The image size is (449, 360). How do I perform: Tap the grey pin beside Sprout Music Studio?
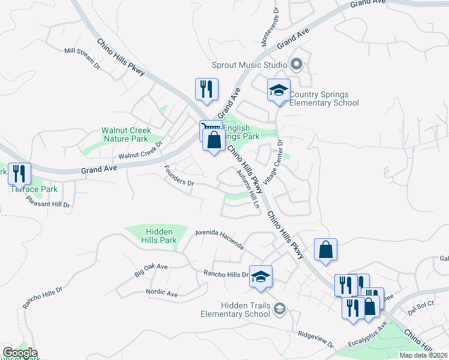[x=296, y=64]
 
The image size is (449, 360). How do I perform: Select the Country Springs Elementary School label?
[x=324, y=98]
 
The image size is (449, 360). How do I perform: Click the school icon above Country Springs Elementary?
[x=279, y=90]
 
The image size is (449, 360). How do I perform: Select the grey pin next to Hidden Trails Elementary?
[x=279, y=309]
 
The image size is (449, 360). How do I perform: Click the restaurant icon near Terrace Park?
[x=19, y=174]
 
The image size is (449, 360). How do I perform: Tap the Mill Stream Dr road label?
[x=82, y=59]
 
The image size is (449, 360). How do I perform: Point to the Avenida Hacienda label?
[x=220, y=239]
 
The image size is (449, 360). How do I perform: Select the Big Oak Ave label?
[x=151, y=269]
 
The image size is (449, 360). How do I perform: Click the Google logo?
[x=20, y=353]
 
